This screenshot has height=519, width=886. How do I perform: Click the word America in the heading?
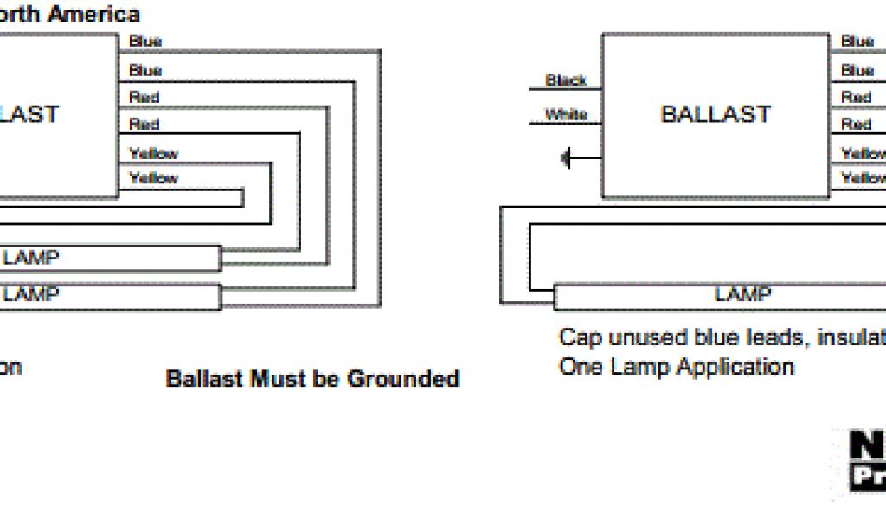point(103,15)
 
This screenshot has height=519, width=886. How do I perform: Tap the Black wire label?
point(566,80)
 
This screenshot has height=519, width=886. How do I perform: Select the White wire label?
point(566,114)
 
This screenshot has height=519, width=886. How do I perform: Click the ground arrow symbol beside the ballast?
point(568,158)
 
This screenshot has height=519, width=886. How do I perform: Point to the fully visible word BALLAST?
point(715,114)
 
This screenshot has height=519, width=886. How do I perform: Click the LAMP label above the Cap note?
point(742,294)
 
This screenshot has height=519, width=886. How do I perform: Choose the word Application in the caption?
point(735,367)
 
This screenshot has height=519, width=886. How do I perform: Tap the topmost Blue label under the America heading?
point(145,42)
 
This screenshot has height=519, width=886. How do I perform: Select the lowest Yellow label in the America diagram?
point(153,179)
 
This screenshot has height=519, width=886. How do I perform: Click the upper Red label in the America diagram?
point(144,97)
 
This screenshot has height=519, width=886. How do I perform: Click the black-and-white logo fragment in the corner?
point(865,463)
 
